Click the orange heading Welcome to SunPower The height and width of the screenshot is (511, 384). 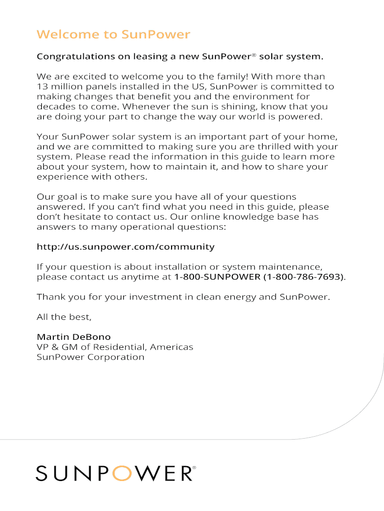pos(113,34)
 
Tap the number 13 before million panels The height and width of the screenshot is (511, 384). pos(42,87)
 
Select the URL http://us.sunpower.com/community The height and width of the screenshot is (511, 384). pos(126,247)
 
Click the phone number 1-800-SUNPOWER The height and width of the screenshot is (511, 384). pos(217,276)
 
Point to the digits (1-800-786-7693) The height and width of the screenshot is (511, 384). pos(303,276)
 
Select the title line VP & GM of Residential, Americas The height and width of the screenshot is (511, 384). pos(115,347)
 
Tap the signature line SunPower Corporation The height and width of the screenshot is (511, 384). pos(91,357)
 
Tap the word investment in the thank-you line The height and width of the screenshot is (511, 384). pos(155,297)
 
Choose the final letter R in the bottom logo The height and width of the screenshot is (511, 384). pos(184,473)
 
